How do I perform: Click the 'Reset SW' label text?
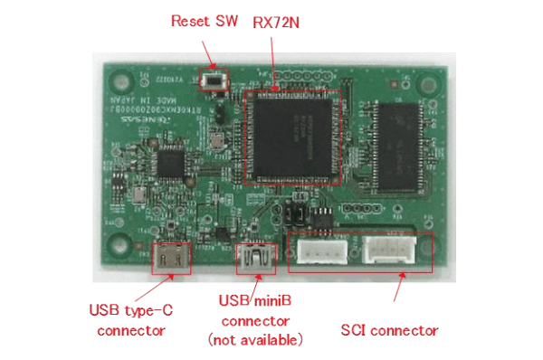202,21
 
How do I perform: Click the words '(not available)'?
255,340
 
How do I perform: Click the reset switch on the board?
215,81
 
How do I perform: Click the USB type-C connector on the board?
171,258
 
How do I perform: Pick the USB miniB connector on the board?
255,260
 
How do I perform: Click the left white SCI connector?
319,252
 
